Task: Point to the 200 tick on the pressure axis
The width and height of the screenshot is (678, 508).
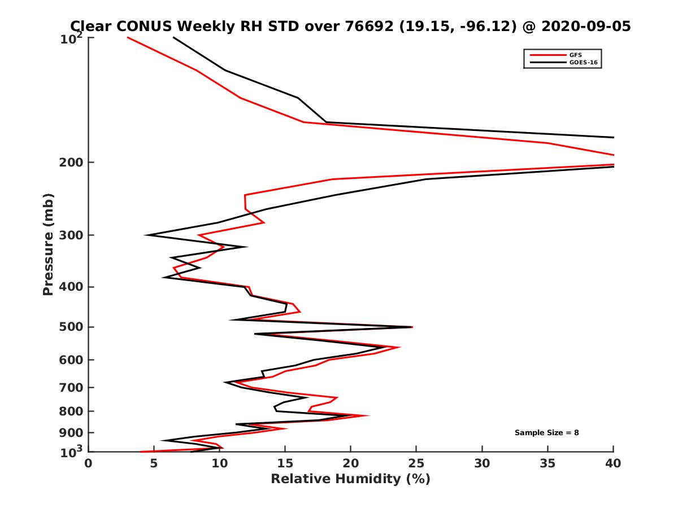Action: pyautogui.click(x=72, y=163)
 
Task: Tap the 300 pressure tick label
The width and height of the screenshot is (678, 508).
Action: pyautogui.click(x=72, y=235)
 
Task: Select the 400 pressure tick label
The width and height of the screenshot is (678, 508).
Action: pyautogui.click(x=72, y=287)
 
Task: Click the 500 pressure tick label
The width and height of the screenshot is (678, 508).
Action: pyautogui.click(x=72, y=327)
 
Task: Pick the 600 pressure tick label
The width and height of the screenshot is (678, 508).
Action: pyautogui.click(x=72, y=360)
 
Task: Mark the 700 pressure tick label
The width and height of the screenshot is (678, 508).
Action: pyautogui.click(x=72, y=387)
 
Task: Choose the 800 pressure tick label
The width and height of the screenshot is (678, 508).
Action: pyautogui.click(x=72, y=411)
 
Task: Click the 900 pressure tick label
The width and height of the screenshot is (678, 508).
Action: pyautogui.click(x=72, y=432)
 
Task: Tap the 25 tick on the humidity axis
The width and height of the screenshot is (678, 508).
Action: pyautogui.click(x=416, y=463)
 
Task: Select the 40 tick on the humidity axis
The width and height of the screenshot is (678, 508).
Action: pyautogui.click(x=614, y=463)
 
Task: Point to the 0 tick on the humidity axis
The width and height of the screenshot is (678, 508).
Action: pyautogui.click(x=89, y=463)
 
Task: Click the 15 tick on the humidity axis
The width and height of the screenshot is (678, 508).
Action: pyautogui.click(x=285, y=463)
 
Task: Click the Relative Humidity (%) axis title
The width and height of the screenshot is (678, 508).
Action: pyautogui.click(x=350, y=479)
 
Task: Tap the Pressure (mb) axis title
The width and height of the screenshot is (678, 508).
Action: pyautogui.click(x=48, y=244)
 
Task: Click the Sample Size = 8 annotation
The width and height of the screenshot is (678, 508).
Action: pyautogui.click(x=546, y=433)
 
